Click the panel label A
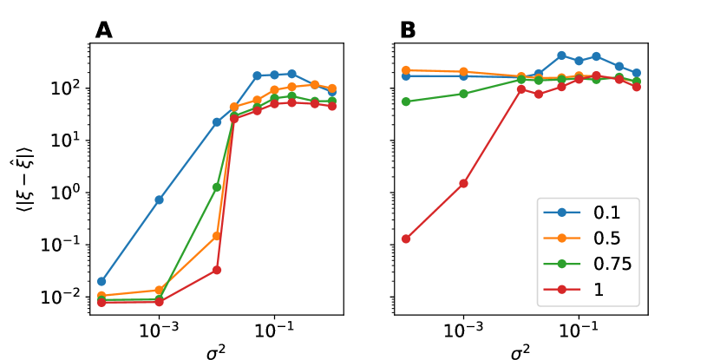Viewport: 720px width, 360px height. coord(104,30)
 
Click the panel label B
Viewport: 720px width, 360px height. coord(408,30)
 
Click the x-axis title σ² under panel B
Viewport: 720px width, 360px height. coord(520,351)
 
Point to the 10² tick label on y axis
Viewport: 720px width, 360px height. coord(69,88)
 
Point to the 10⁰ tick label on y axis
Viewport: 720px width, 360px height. coord(69,193)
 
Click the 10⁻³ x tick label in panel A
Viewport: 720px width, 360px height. coord(159,330)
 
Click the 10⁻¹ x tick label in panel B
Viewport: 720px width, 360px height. coord(579,330)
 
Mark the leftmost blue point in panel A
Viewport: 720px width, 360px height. coord(101,281)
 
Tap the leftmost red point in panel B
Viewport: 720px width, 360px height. coord(406,239)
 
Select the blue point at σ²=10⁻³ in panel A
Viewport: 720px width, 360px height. coord(159,200)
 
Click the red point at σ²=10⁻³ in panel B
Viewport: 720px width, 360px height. coord(463,183)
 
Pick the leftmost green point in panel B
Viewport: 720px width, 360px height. coord(406,101)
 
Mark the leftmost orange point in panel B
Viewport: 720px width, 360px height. coord(406,70)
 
